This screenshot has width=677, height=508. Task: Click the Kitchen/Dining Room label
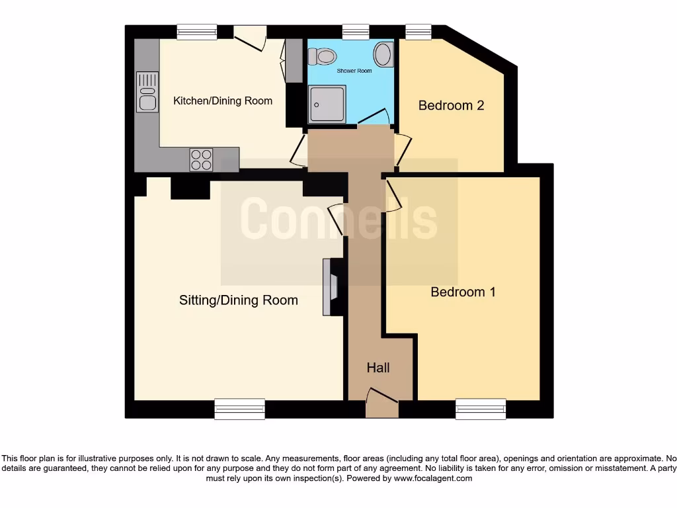(x=223, y=101)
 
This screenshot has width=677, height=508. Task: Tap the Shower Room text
(x=354, y=71)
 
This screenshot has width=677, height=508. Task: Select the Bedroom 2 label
(x=451, y=105)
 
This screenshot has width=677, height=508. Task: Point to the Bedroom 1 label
(x=463, y=292)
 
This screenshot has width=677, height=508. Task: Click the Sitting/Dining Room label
(x=239, y=300)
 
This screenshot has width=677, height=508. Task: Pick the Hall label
(x=378, y=368)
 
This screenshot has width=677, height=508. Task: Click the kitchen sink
(x=147, y=92)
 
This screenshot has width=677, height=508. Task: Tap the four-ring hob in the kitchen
(x=202, y=159)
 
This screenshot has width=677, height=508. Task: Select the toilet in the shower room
(x=323, y=57)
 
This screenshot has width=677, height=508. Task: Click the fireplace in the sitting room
(x=331, y=286)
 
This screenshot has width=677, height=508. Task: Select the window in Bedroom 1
(x=481, y=409)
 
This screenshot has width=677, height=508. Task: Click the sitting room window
(x=239, y=409)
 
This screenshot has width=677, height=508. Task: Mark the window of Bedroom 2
(x=418, y=31)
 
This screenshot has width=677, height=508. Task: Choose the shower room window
(x=355, y=31)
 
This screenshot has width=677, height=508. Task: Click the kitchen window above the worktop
(x=197, y=31)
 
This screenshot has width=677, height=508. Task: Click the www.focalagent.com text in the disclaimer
(x=433, y=478)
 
